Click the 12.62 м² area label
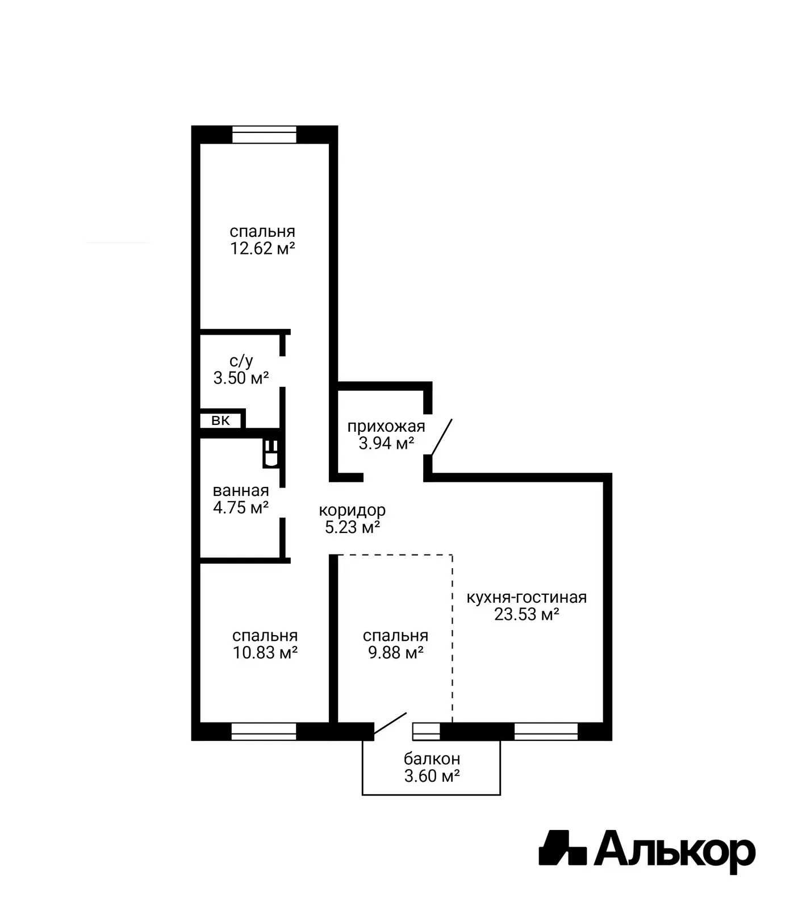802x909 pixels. tap(262, 248)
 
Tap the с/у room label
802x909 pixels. tap(241, 361)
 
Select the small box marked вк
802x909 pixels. tap(222, 420)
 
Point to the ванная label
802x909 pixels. tap(241, 490)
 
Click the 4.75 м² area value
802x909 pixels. tap(241, 507)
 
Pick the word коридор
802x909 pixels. tap(352, 510)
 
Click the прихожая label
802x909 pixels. tap(386, 426)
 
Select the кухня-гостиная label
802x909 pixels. tap(527, 597)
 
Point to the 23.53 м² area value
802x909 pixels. tap(527, 614)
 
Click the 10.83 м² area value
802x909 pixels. tap(265, 653)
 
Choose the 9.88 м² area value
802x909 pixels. tap(396, 653)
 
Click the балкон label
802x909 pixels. tap(432, 758)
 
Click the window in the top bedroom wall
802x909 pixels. tap(265, 135)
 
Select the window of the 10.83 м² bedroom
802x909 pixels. tap(264, 731)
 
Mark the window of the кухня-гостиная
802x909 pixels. tap(546, 731)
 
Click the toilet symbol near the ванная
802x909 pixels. tap(271, 453)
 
